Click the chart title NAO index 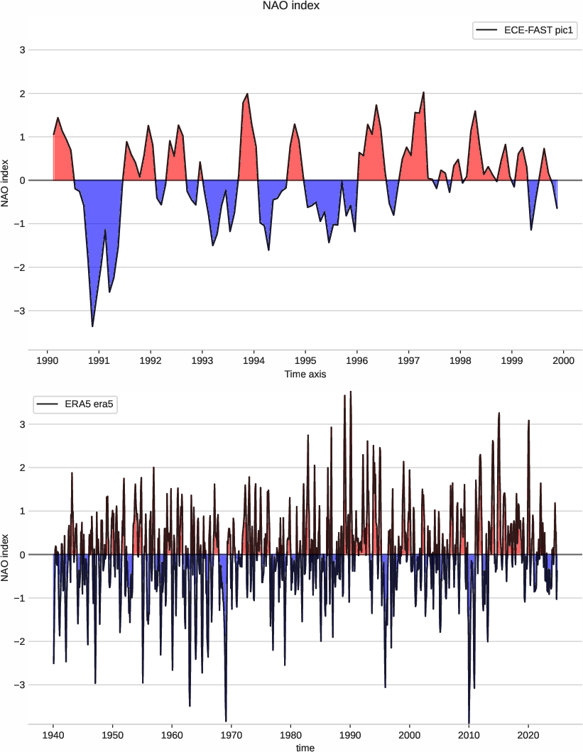(x=291, y=6)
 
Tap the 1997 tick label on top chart (x=408, y=360)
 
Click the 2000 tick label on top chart (x=563, y=360)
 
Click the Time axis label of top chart (x=305, y=374)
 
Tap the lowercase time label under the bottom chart (x=305, y=747)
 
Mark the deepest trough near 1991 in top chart (x=92, y=326)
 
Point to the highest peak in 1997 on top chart (x=423, y=92)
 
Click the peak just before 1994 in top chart (x=247, y=94)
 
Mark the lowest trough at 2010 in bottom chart (x=469, y=722)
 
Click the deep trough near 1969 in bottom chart (x=226, y=721)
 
